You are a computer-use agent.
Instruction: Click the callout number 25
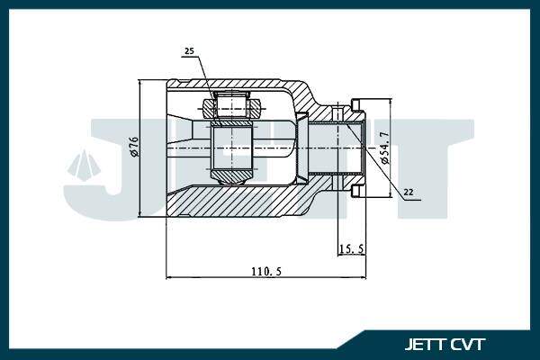click(189, 51)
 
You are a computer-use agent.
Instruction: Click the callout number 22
click(408, 193)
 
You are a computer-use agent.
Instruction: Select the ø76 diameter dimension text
click(134, 147)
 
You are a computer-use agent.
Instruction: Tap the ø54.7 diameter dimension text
click(384, 148)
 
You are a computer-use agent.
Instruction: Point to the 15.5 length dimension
click(352, 248)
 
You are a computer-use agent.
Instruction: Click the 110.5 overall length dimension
click(266, 272)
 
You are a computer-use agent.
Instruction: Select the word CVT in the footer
click(468, 344)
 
